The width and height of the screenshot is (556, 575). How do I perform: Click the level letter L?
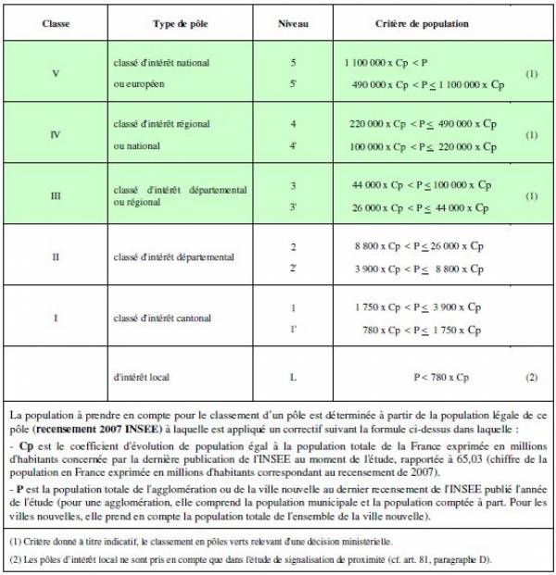click(x=293, y=377)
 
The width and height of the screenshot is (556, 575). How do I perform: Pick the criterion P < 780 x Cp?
click(x=441, y=377)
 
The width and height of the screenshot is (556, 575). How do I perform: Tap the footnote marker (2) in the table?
click(x=532, y=377)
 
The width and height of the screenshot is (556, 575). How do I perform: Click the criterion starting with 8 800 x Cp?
click(x=419, y=246)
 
